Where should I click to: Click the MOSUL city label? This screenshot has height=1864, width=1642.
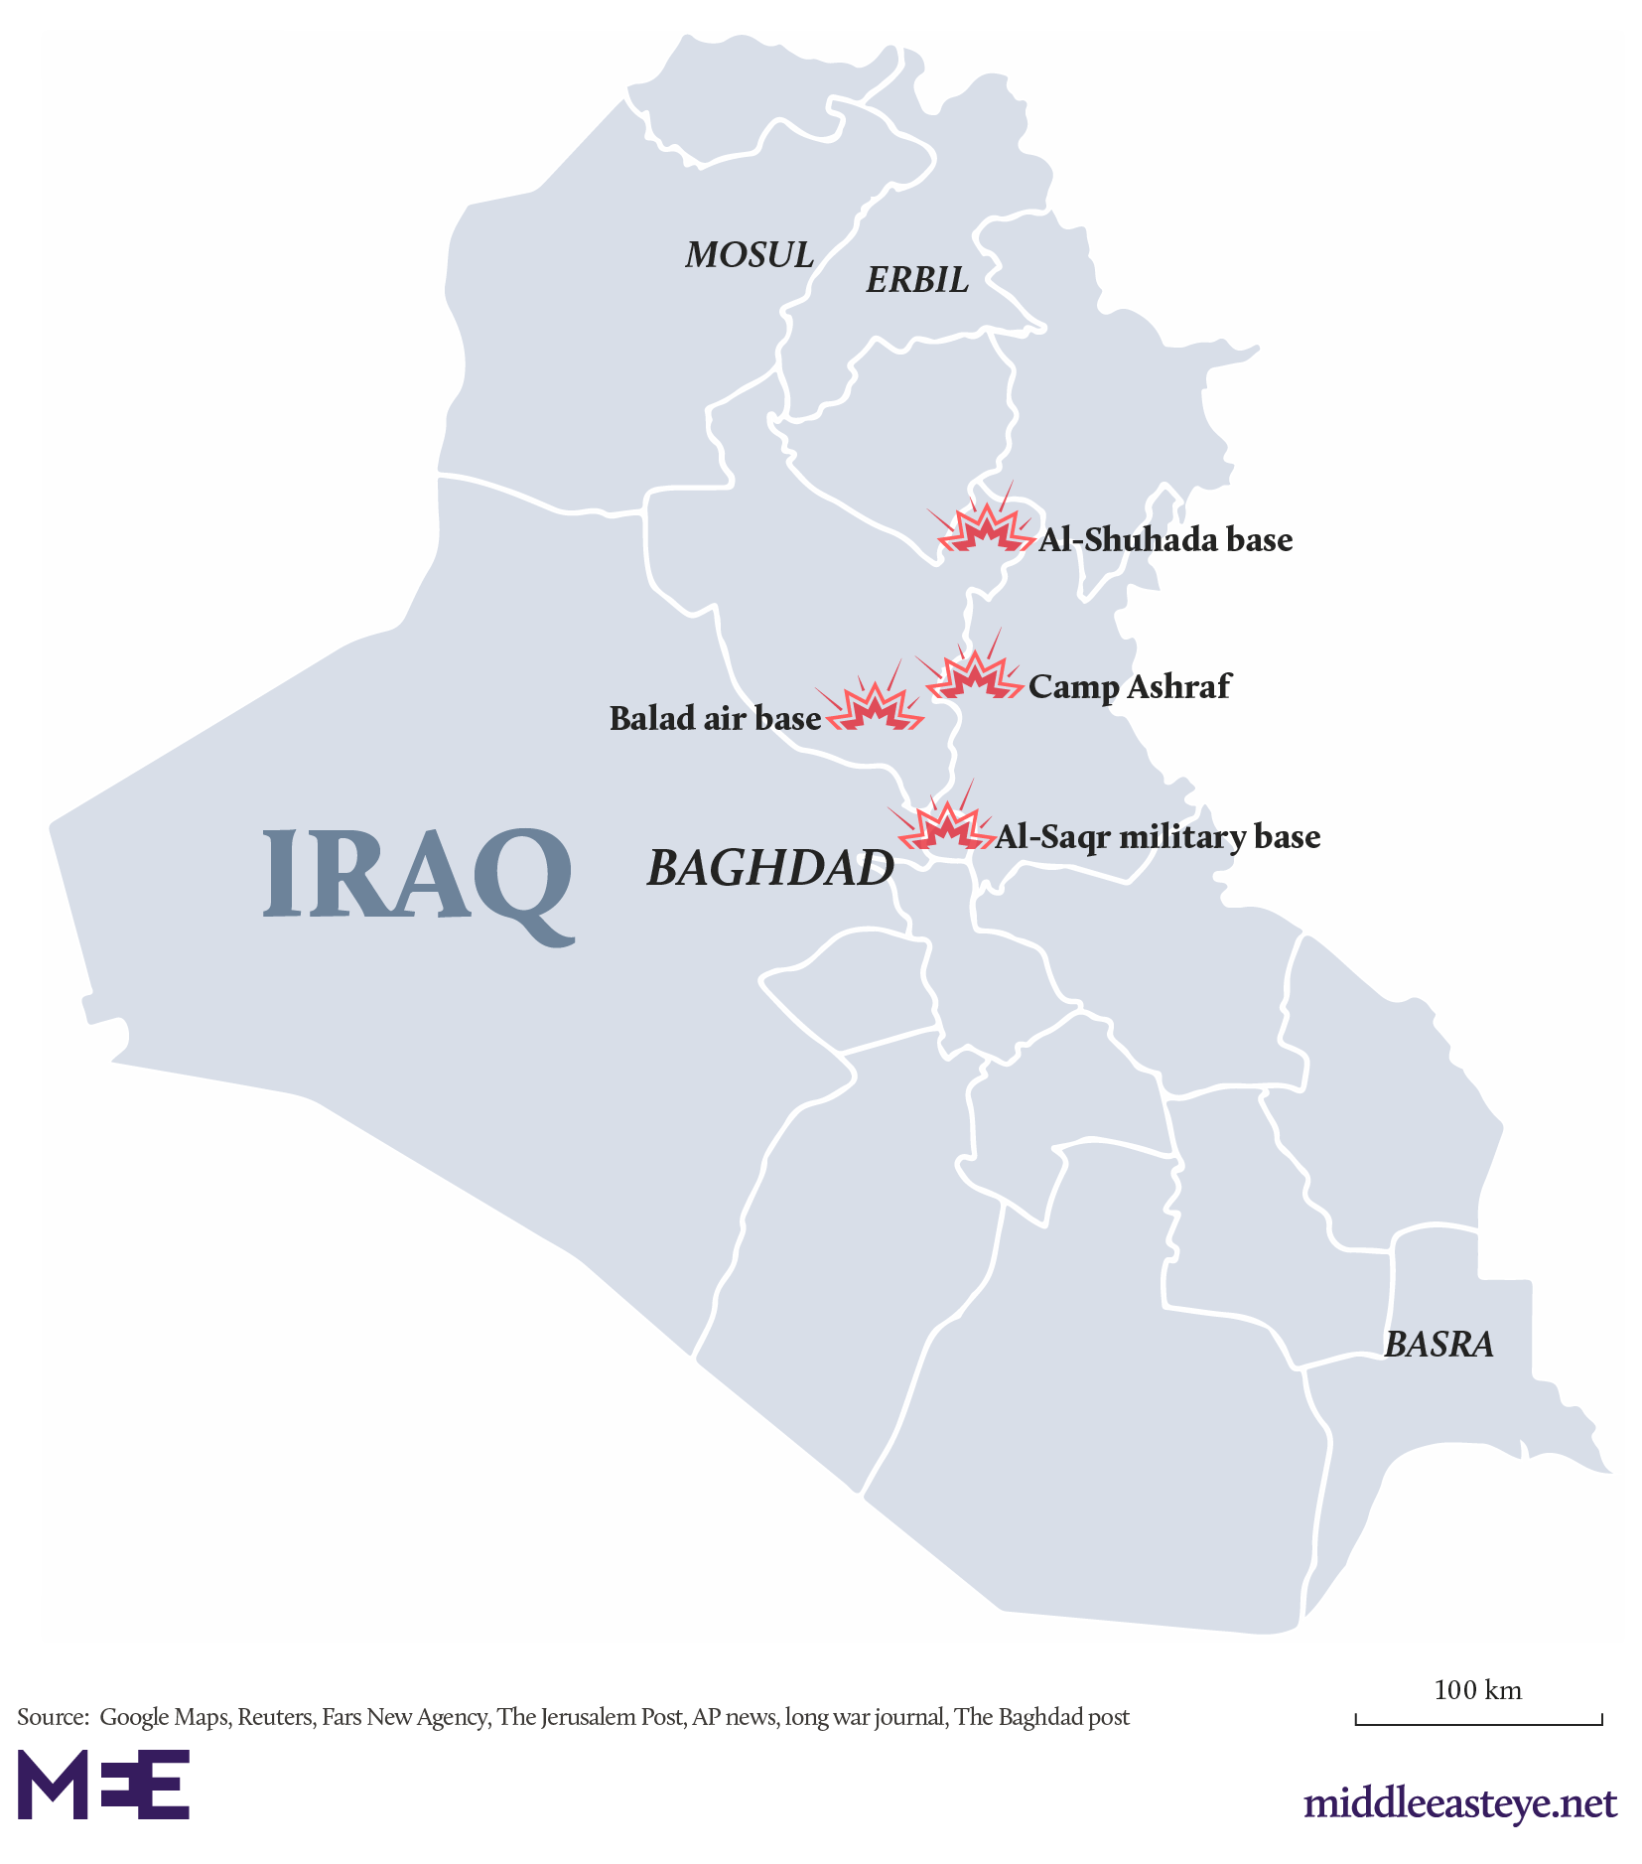point(749,255)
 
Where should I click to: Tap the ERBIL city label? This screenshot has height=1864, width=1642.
point(916,280)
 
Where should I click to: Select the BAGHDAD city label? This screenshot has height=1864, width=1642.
point(770,868)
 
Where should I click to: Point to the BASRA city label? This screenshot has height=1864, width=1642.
point(1437,1345)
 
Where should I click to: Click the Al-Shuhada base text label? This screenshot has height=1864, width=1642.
point(1165,540)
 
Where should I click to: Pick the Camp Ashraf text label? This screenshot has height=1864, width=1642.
point(1129,686)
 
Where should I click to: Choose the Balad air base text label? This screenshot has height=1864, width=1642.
point(715,718)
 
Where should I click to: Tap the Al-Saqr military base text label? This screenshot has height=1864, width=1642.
point(1158,837)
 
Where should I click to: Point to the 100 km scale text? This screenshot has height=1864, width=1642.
point(1476,1690)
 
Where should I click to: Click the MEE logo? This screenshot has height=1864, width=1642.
point(103,1785)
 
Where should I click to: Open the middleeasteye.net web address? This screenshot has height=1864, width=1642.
point(1459,1802)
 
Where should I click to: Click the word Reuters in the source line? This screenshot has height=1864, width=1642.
point(275,1717)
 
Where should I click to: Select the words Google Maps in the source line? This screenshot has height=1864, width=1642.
point(164,1717)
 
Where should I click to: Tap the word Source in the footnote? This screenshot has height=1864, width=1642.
point(51,1717)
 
